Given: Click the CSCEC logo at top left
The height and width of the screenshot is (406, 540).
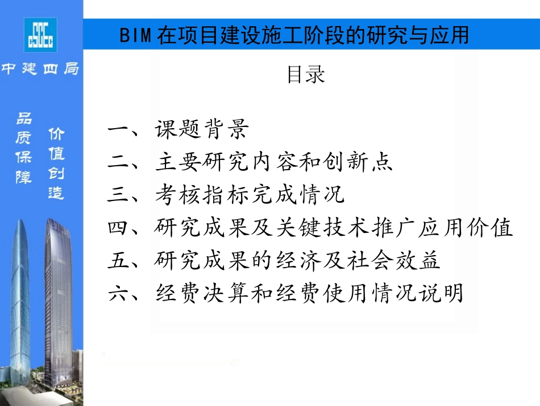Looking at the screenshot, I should [x=40, y=35].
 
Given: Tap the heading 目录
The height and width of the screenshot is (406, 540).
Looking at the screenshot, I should [x=305, y=75].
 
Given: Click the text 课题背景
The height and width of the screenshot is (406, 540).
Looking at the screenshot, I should [x=201, y=130].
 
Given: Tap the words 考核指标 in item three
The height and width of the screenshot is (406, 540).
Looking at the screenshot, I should [x=201, y=196].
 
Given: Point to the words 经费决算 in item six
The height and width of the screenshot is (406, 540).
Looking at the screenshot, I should [x=201, y=294].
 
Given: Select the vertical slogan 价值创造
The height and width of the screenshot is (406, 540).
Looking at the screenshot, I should [x=56, y=163].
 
